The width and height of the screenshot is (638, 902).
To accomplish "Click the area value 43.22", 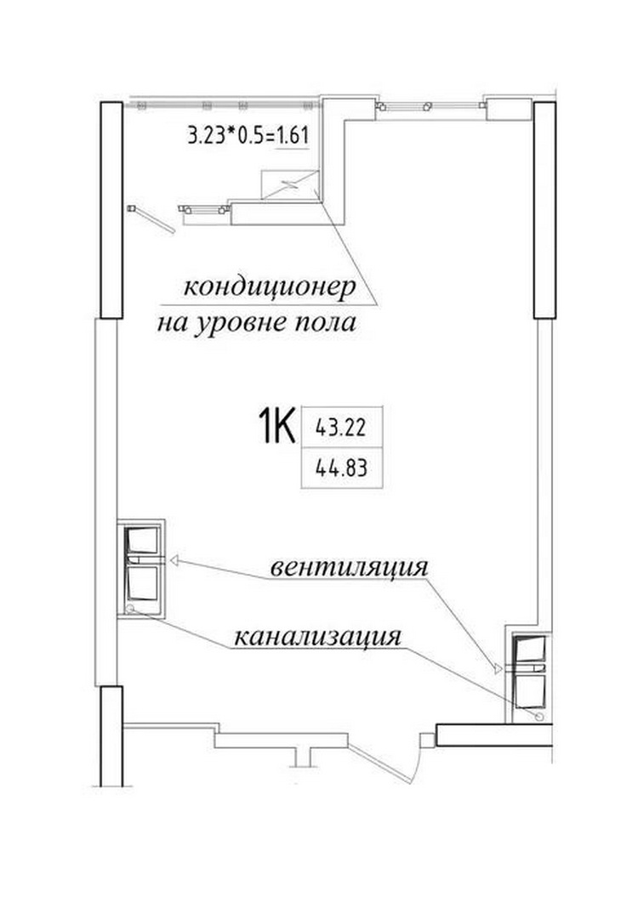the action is click(341, 428).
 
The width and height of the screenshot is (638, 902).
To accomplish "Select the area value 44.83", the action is click(341, 468).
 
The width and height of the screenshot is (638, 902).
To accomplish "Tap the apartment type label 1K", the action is click(278, 425).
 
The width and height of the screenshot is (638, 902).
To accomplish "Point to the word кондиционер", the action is click(270, 287).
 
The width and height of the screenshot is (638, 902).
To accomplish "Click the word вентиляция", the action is click(350, 567).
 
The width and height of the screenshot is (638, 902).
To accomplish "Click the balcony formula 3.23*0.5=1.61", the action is click(248, 136).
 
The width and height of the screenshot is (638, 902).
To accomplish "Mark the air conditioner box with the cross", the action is click(289, 184).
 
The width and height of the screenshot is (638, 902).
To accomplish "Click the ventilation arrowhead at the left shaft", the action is click(174, 559).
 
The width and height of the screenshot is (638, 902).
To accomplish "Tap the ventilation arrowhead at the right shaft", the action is click(498, 668).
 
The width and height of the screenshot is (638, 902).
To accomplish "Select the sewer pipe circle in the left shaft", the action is click(130, 608).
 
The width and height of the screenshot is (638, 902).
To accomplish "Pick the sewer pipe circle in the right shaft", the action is click(539, 716).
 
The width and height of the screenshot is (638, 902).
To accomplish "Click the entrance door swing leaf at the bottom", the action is click(380, 763).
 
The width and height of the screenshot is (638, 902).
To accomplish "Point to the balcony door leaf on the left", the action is click(152, 219).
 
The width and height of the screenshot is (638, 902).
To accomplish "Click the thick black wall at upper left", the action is click(111, 210).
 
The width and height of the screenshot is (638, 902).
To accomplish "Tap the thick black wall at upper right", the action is click(544, 210).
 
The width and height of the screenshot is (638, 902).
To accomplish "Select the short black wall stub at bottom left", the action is click(111, 735).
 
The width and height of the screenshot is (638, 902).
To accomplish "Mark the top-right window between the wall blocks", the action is click(430, 106).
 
